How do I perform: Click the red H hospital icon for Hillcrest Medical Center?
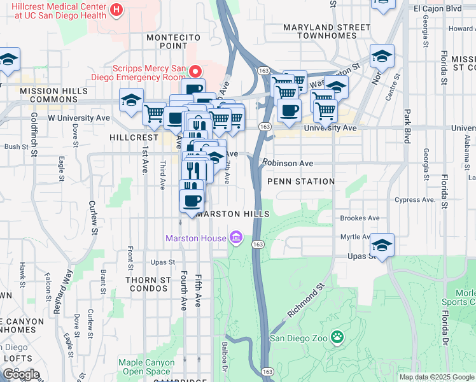click(116, 10)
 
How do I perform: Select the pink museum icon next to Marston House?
click(236, 238)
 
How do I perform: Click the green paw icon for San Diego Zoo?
click(337, 337)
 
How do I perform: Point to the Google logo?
click(21, 374)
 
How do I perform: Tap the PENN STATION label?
click(301, 181)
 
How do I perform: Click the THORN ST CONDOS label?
click(148, 284)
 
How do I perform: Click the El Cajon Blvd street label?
click(437, 9)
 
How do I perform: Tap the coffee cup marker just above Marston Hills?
click(192, 201)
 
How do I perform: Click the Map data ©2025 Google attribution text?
click(437, 377)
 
